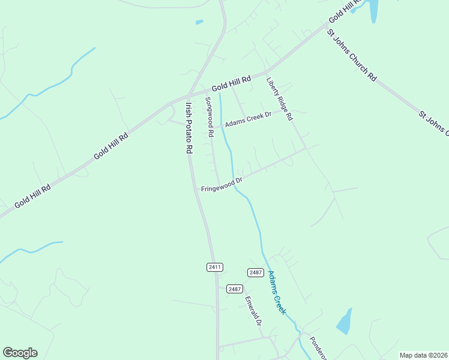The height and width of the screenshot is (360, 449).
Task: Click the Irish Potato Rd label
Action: pyautogui.click(x=188, y=128)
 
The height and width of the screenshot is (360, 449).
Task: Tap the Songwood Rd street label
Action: pyautogui.click(x=209, y=118)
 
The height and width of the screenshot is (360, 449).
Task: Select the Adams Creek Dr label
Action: pyautogui.click(x=249, y=119)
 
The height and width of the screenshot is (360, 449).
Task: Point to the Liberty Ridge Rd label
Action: pyautogui.click(x=279, y=98)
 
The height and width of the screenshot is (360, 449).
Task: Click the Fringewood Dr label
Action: pyautogui.click(x=221, y=184)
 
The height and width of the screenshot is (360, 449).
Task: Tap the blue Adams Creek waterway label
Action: pyautogui.click(x=277, y=293)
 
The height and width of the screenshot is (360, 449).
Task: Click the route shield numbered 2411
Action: pyautogui.click(x=215, y=267)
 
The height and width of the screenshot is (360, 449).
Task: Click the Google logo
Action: pyautogui.click(x=20, y=353)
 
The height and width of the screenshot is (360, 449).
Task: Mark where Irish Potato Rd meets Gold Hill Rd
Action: pyautogui.click(x=188, y=96)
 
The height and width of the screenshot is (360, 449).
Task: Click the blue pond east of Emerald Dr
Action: pyautogui.click(x=345, y=322)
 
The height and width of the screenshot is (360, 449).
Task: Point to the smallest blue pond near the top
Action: pyautogui.click(x=199, y=22)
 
